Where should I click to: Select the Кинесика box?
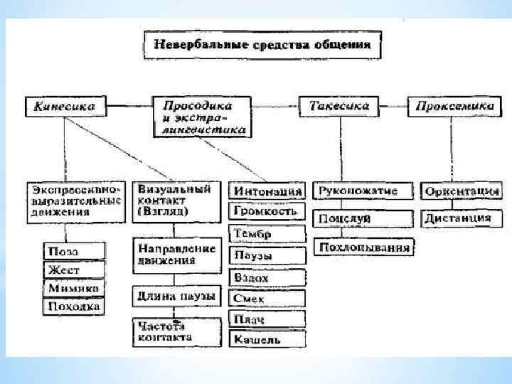[65, 107]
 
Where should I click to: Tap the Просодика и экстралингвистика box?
[200, 117]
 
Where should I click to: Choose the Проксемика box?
[452, 107]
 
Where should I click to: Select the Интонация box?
[266, 191]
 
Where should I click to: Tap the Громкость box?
[266, 211]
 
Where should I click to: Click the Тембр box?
[266, 234]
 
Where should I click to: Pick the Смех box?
[266, 299]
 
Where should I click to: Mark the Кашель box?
[266, 340]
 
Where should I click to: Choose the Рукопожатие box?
[363, 191]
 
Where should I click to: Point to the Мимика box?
[74, 288]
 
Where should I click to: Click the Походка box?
[74, 307]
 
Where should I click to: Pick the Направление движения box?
[175, 255]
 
